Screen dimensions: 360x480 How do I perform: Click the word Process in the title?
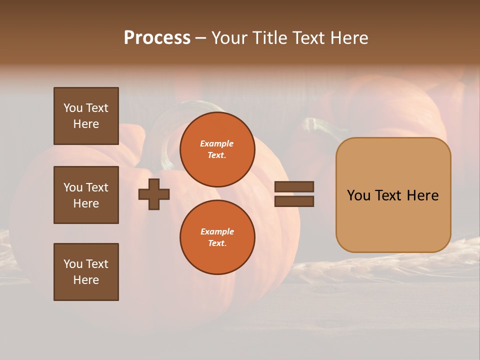[x=157, y=38]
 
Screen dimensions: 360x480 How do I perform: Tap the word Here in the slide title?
[x=348, y=38]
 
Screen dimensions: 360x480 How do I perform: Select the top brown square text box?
[x=86, y=116]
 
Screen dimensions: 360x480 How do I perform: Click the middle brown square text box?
[x=86, y=195]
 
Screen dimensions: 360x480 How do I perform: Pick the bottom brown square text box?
[x=86, y=272]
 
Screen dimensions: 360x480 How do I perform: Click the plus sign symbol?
[x=154, y=194]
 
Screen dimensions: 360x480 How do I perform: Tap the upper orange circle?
[x=217, y=149]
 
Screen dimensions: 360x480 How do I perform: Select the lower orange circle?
[x=217, y=237]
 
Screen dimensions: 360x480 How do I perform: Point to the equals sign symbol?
[x=294, y=194]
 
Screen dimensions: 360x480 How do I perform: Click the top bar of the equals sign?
[x=294, y=186]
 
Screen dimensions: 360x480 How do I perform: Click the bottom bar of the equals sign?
[x=294, y=201]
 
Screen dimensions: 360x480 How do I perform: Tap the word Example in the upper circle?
[x=217, y=144]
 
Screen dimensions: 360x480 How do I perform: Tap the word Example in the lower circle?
[x=217, y=232]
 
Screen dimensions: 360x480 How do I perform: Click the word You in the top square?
[x=72, y=108]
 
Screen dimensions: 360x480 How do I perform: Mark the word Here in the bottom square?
[x=86, y=280]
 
